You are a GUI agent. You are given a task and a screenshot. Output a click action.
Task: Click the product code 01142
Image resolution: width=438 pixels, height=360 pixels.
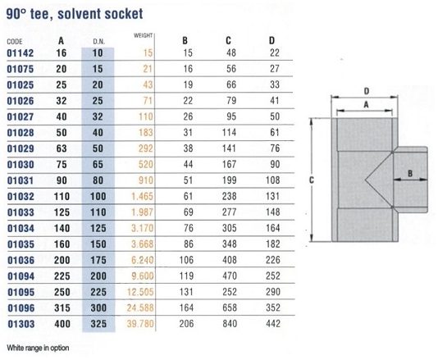click(x=21, y=53)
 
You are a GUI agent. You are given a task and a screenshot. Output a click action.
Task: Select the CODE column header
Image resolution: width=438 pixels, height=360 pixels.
click(x=15, y=42)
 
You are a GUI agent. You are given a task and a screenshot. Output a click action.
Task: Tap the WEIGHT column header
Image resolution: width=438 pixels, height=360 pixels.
click(x=143, y=35)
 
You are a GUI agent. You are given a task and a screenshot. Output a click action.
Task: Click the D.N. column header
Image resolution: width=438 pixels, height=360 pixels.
click(x=99, y=42)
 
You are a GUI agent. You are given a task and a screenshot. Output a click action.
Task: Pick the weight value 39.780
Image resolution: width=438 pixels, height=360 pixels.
click(x=140, y=324)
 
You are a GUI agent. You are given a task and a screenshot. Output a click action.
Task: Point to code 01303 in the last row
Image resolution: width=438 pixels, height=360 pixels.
click(x=21, y=324)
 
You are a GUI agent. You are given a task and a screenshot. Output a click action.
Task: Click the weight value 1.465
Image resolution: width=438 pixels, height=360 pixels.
click(x=142, y=196)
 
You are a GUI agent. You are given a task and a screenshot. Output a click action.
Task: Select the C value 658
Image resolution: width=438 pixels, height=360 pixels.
click(x=230, y=308)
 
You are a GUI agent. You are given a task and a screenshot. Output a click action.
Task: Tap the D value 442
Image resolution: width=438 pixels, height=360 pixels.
click(x=273, y=324)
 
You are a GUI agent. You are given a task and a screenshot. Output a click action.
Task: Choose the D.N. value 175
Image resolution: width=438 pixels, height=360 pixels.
click(x=98, y=260)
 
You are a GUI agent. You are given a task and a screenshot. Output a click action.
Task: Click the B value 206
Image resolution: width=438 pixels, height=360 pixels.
click(x=186, y=324)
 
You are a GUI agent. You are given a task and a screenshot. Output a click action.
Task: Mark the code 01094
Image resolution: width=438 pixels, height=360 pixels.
click(x=21, y=276)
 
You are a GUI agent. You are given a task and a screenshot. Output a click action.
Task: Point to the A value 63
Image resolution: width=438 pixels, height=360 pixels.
click(x=62, y=148)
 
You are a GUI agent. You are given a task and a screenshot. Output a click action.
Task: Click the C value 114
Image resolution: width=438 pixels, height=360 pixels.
click(x=229, y=132)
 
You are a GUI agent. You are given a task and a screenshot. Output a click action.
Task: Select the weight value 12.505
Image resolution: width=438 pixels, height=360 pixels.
click(x=140, y=292)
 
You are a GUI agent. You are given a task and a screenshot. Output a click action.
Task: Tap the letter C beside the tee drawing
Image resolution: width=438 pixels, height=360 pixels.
click(x=312, y=180)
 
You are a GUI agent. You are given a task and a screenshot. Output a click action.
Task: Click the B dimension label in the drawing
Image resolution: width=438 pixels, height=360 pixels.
click(x=410, y=173)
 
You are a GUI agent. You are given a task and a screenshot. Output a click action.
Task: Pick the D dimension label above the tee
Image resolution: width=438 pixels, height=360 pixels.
click(x=367, y=91)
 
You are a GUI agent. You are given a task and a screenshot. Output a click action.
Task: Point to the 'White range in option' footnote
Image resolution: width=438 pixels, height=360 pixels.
click(x=38, y=348)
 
